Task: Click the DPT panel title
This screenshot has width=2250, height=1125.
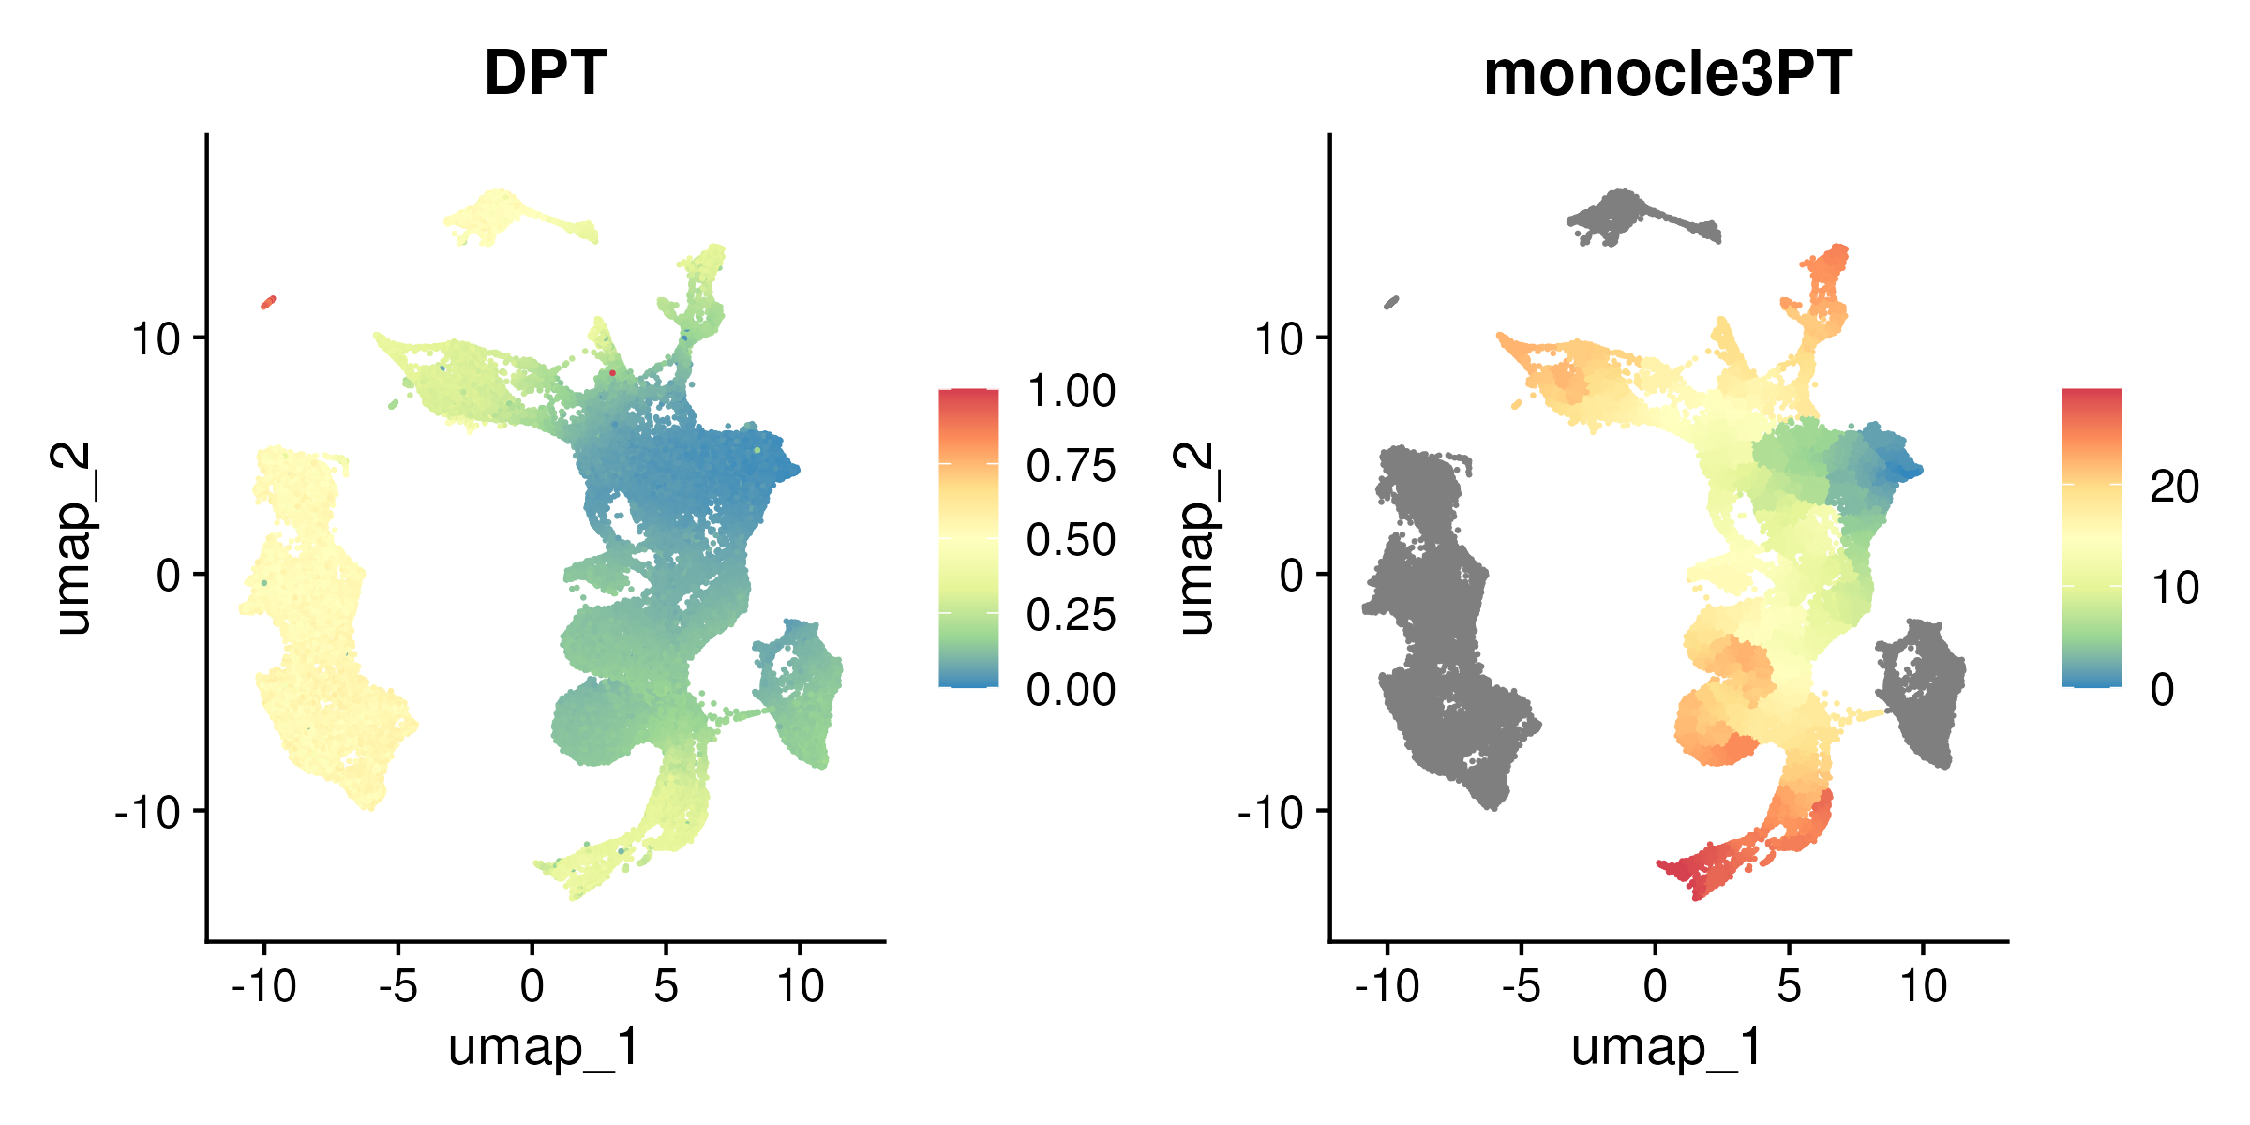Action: (545, 73)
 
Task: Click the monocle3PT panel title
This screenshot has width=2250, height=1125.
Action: (1668, 73)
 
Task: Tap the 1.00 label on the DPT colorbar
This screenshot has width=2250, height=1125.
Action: (1071, 391)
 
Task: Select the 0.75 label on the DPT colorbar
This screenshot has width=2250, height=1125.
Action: (1071, 466)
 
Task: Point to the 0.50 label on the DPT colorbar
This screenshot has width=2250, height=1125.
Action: (1071, 540)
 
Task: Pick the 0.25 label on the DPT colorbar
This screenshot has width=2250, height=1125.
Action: (1071, 615)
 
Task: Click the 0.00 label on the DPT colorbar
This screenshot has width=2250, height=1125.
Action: (1071, 690)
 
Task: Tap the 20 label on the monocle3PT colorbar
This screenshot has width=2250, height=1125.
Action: (2174, 487)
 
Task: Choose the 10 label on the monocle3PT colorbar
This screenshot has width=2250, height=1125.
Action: (2174, 588)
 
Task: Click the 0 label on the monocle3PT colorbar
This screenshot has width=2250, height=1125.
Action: (2162, 690)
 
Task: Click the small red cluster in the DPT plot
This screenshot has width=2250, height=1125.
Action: (269, 302)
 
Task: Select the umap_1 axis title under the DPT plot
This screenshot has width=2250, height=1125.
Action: (545, 1047)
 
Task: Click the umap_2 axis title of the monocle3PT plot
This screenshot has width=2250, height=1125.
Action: (1196, 539)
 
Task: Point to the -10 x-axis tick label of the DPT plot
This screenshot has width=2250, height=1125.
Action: (264, 985)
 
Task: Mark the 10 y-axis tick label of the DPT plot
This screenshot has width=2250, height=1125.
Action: (156, 338)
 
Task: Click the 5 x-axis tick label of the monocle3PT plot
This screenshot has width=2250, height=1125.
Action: (1789, 985)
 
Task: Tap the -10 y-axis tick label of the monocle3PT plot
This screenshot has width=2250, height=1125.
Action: (1273, 812)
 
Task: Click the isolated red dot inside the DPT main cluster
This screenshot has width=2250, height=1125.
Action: (612, 373)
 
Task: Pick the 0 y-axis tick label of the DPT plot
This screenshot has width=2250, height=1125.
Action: (169, 575)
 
